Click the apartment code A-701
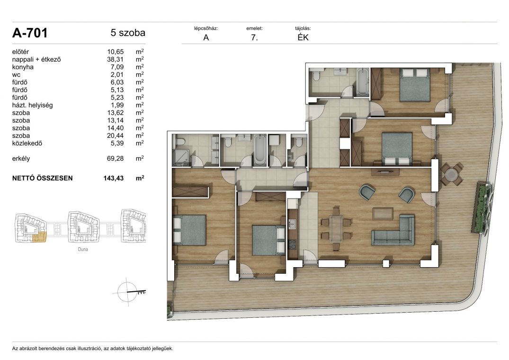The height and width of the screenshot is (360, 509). click(x=30, y=33)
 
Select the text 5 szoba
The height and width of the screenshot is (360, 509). click(x=128, y=33)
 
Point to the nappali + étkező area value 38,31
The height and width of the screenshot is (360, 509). click(x=115, y=59)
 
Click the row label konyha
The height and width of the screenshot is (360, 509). click(x=23, y=67)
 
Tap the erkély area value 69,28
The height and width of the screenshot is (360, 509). click(x=115, y=158)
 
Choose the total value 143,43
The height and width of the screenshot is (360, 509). click(x=114, y=178)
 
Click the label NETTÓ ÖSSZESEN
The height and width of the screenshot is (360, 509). click(x=42, y=178)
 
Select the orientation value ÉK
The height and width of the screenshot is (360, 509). click(x=303, y=37)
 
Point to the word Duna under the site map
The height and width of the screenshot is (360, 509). click(x=83, y=249)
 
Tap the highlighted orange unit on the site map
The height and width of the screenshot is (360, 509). click(x=40, y=237)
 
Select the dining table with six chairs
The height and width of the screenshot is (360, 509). click(x=336, y=229)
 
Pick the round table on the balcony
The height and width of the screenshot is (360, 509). click(x=451, y=175)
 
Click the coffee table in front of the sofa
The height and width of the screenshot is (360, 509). click(x=383, y=213)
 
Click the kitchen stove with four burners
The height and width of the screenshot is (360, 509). click(x=292, y=244)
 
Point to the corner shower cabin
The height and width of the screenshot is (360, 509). click(x=181, y=158)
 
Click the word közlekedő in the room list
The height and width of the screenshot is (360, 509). click(x=27, y=143)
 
